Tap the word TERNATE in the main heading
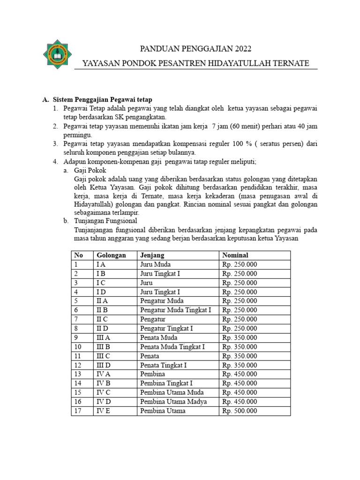pos(292,63)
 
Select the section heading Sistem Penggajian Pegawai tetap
pos(102,100)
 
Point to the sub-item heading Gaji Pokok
pos(90,171)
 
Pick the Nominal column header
pos(236,255)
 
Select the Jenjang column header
pos(152,255)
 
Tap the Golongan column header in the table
pos(111,255)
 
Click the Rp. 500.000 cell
pos(240,411)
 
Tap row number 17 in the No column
pos(78,411)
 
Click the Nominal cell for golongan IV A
pos(240,374)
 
